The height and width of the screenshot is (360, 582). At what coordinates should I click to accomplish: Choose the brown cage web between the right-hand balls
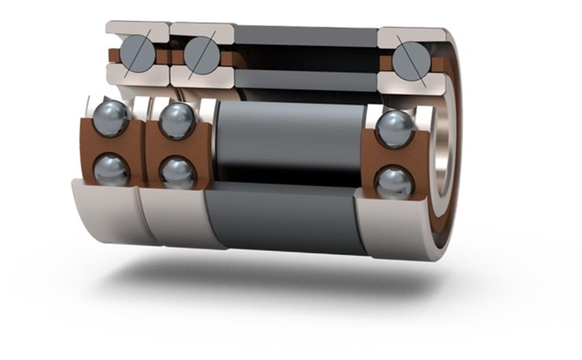(394, 155)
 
